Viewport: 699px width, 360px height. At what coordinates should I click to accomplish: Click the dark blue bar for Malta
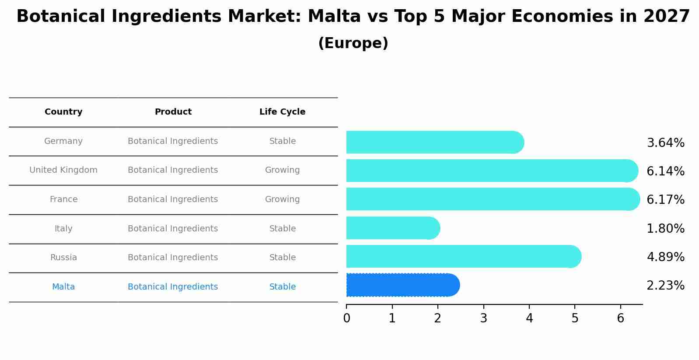point(402,285)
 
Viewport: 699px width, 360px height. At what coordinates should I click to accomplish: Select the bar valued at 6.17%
point(493,199)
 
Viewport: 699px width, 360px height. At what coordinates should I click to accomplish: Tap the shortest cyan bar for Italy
point(393,228)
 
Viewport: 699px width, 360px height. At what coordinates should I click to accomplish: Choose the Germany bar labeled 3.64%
point(435,142)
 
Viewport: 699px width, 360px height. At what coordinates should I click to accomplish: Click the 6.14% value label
point(665,171)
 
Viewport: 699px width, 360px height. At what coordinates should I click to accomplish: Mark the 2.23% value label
point(665,285)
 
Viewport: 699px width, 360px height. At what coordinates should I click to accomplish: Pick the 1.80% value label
point(665,228)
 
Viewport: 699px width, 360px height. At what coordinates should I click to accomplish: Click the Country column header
point(63,112)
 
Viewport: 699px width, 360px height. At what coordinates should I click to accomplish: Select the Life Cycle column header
point(282,112)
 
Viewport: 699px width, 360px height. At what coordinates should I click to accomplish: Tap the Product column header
point(173,112)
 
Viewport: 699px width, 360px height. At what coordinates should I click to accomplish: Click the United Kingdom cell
point(63,170)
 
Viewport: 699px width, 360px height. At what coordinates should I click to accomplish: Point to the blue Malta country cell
point(63,287)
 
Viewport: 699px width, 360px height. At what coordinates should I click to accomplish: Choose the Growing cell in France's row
point(282,199)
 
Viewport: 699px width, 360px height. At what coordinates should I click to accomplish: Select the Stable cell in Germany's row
point(282,141)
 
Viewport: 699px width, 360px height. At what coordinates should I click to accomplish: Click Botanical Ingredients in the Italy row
point(173,228)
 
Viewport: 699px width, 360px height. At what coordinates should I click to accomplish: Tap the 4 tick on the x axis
point(529,318)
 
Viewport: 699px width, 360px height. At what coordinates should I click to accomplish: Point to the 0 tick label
point(346,318)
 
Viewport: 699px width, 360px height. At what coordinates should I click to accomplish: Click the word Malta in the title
point(334,17)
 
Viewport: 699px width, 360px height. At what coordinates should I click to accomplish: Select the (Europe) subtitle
point(353,43)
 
